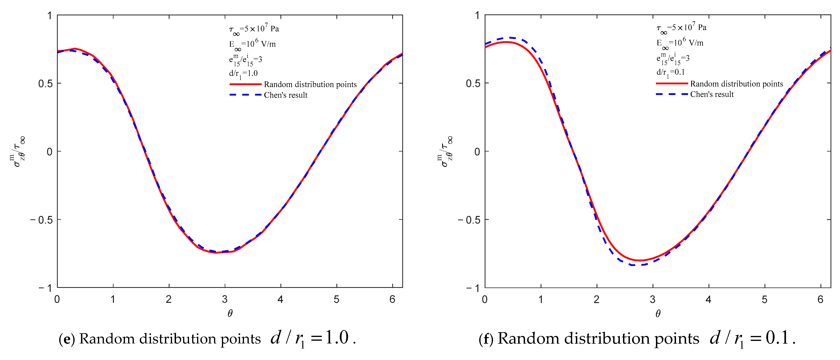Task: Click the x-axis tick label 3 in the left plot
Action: pyautogui.click(x=225, y=299)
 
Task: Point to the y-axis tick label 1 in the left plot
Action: pyautogui.click(x=49, y=16)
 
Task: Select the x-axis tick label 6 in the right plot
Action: pyautogui.click(x=820, y=299)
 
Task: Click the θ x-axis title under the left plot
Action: pyautogui.click(x=230, y=314)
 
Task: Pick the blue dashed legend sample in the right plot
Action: pyautogui.click(x=672, y=94)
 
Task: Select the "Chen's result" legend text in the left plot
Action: pyautogui.click(x=286, y=95)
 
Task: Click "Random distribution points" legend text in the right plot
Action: pyautogui.click(x=736, y=84)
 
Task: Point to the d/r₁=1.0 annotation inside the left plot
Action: pyautogui.click(x=243, y=74)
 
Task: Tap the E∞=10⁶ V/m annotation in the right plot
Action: pyautogui.click(x=680, y=43)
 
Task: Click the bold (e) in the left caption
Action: pyautogui.click(x=67, y=339)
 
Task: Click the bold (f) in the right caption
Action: pyautogui.click(x=487, y=339)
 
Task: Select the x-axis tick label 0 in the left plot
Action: pyautogui.click(x=57, y=299)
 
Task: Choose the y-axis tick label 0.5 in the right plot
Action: pyautogui.click(x=473, y=84)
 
